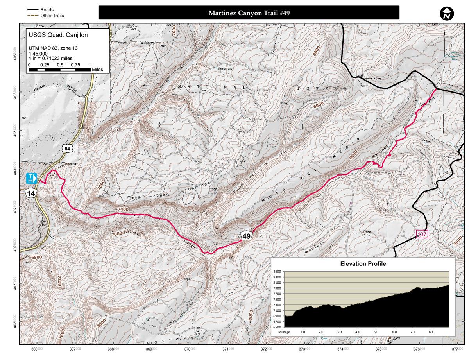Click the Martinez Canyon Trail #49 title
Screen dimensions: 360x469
pyautogui.click(x=249, y=13)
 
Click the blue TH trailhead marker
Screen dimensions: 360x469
pyautogui.click(x=31, y=178)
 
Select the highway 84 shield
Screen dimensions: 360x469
pyautogui.click(x=68, y=149)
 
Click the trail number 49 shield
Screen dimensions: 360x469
pyautogui.click(x=246, y=236)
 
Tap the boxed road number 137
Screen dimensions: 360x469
pyautogui.click(x=422, y=234)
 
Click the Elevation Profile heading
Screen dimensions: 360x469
pyautogui.click(x=363, y=264)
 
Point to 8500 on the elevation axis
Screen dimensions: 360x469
pyautogui.click(x=277, y=271)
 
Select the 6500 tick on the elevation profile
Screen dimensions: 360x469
pyautogui.click(x=277, y=326)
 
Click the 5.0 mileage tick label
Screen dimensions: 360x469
pyautogui.click(x=376, y=331)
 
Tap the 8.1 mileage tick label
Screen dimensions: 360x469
pyautogui.click(x=431, y=331)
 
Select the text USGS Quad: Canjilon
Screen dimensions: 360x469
pyautogui.click(x=58, y=34)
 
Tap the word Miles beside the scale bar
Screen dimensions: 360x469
pyautogui.click(x=98, y=69)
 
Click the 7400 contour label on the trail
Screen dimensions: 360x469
pyautogui.click(x=122, y=210)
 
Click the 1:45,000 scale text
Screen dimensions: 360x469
pyautogui.click(x=38, y=54)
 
